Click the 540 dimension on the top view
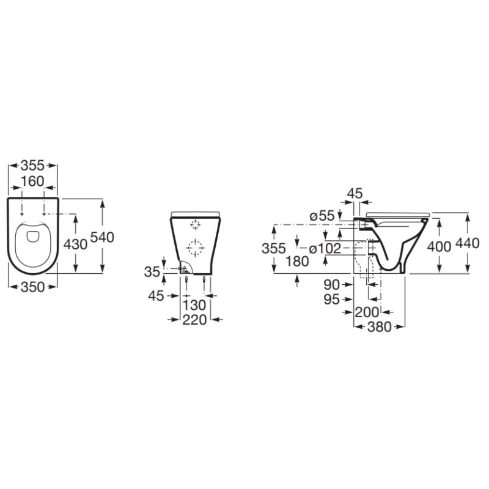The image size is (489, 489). tap(102, 238)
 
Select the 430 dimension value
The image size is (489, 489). tap(75, 244)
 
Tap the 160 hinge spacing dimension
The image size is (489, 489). tap(33, 181)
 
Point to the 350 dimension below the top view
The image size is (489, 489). tap(33, 287)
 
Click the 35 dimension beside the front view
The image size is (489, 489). tap(152, 272)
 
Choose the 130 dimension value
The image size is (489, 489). tap(194, 305)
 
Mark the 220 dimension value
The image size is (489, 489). tap(194, 320)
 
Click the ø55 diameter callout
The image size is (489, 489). tap(322, 216)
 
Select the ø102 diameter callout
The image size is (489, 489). tap(325, 249)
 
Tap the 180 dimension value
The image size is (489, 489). tap(297, 262)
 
